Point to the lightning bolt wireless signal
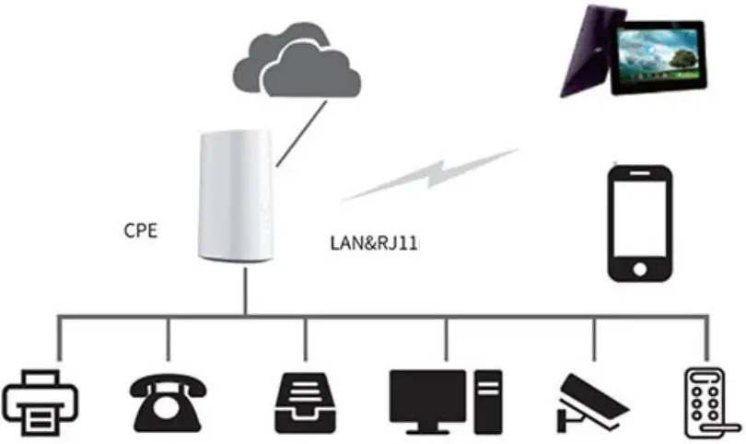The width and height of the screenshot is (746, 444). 427,175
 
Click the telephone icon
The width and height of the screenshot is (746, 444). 167,402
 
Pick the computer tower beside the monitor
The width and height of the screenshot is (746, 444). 488,403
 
